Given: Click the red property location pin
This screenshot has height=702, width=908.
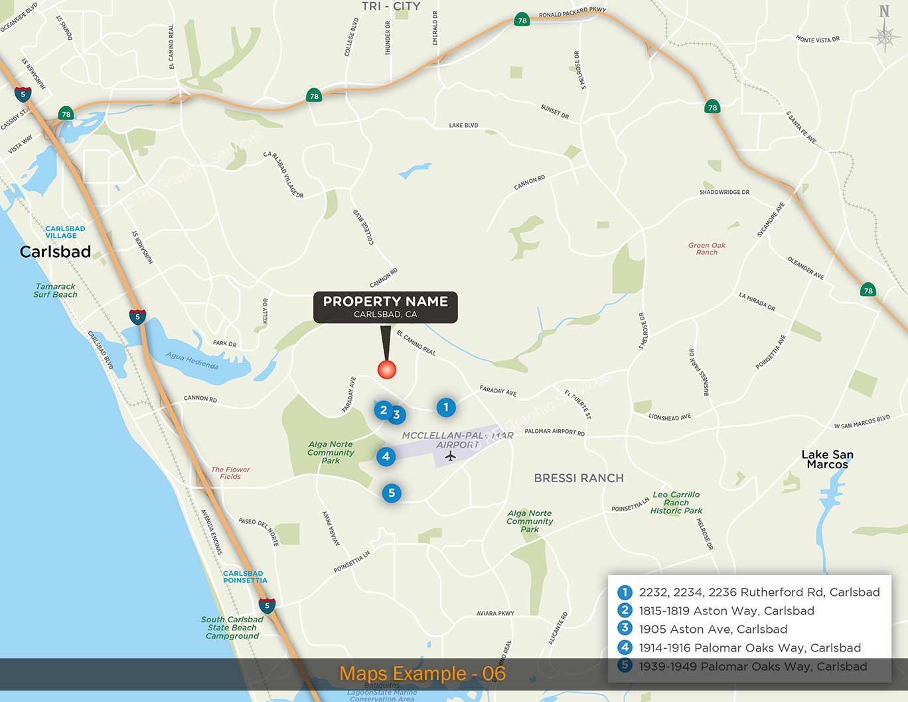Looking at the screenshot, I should [x=387, y=369].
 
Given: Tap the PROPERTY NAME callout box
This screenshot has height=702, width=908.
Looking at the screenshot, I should [x=386, y=307].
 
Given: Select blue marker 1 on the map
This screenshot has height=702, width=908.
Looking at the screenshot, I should [x=446, y=407].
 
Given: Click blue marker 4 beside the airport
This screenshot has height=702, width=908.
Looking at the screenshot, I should [x=386, y=456].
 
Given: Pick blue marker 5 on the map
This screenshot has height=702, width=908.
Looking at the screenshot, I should [x=392, y=493].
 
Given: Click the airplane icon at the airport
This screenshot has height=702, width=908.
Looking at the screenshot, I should [x=451, y=456].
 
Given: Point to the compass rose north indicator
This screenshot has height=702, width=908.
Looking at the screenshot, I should [x=884, y=29].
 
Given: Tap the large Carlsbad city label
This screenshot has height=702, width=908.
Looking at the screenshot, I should [x=55, y=252].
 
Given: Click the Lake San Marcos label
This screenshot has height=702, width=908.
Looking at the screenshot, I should [x=827, y=459].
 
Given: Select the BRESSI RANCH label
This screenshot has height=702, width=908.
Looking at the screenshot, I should [x=579, y=478].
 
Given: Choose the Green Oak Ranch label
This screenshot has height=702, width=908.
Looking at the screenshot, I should [x=707, y=248].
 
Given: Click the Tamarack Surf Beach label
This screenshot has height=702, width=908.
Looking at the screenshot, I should [x=55, y=290].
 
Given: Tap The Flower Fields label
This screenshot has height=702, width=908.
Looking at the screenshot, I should [x=230, y=473].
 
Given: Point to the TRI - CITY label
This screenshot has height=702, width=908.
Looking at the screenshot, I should [x=391, y=6].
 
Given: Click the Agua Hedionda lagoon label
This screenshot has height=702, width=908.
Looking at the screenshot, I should [x=192, y=360].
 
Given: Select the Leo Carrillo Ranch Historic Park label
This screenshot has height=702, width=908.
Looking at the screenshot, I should [x=676, y=503].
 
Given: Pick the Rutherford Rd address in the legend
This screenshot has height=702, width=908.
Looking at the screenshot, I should [x=759, y=592].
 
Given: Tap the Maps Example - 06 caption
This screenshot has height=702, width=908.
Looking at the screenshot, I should [x=422, y=673].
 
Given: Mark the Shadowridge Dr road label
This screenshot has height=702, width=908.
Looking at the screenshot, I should [x=724, y=192].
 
